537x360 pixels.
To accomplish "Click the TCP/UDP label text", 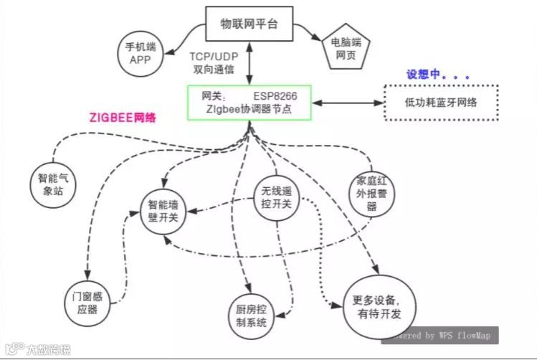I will [214, 56].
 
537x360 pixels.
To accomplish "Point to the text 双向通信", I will [214, 70].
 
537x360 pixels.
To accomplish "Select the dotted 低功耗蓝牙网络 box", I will [441, 103].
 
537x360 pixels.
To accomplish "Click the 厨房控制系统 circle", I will [251, 316].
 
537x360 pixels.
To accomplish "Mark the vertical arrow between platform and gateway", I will [248, 65].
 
